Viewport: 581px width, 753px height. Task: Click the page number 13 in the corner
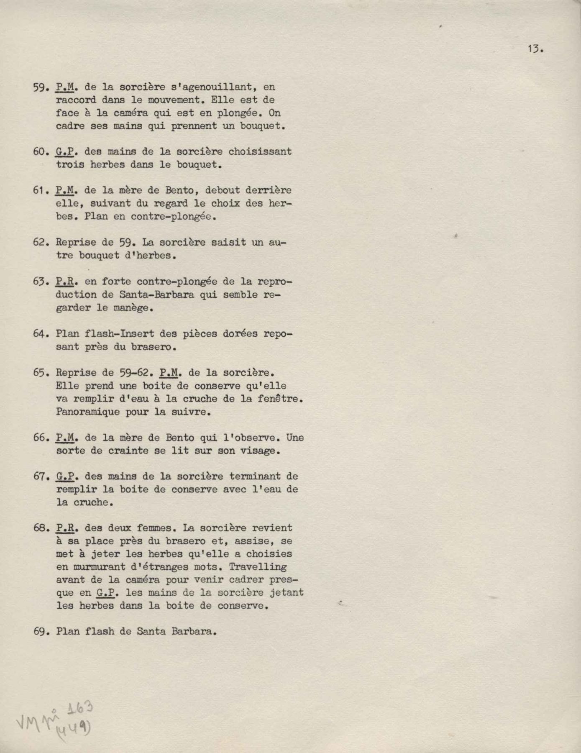(535, 49)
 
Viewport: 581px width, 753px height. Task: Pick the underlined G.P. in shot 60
(64, 151)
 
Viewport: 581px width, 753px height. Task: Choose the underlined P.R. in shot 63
(64, 282)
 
